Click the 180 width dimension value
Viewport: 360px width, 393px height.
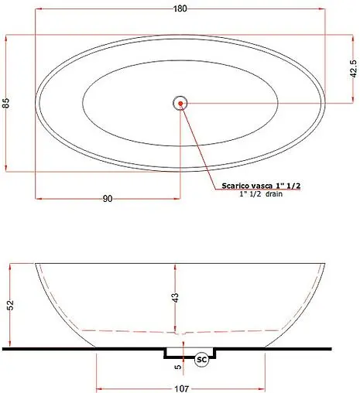[x=180, y=9]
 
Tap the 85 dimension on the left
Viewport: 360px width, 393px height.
[x=6, y=103]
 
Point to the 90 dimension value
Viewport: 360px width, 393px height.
[x=108, y=199]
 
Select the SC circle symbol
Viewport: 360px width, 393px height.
[x=201, y=360]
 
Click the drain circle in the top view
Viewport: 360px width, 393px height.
[x=180, y=102]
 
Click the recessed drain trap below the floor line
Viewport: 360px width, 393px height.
[x=190, y=354]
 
